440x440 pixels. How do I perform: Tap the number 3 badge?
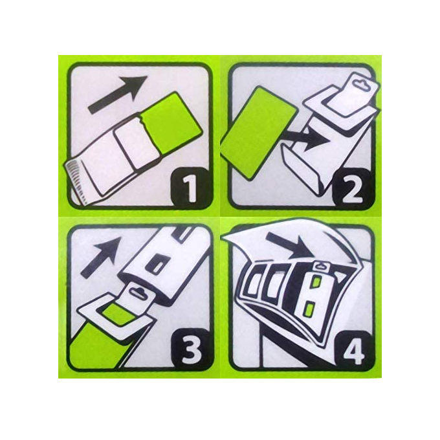(191, 349)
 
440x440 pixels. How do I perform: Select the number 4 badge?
(353, 351)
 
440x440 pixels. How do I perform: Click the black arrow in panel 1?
(118, 94)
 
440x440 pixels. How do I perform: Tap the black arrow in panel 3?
(101, 257)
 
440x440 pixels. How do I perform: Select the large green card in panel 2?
(258, 133)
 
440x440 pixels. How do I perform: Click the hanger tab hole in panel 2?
(358, 83)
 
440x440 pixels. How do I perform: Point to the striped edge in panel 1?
(78, 181)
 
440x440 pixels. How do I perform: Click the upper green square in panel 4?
(315, 282)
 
